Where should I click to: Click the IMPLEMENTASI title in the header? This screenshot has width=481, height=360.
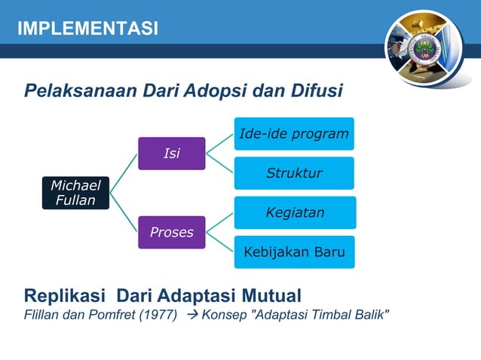click(x=88, y=29)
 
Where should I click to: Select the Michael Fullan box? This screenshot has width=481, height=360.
click(x=75, y=193)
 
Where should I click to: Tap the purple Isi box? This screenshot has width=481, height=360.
click(x=171, y=154)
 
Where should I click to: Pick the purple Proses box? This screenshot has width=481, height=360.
click(x=171, y=232)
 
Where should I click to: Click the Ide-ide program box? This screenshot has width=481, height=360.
click(x=294, y=134)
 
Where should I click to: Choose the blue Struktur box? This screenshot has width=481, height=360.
click(x=294, y=173)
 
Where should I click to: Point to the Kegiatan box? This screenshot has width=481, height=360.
click(x=294, y=212)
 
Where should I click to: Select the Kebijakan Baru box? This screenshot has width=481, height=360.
click(x=294, y=252)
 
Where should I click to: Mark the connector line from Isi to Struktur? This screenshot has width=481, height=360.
click(x=220, y=165)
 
